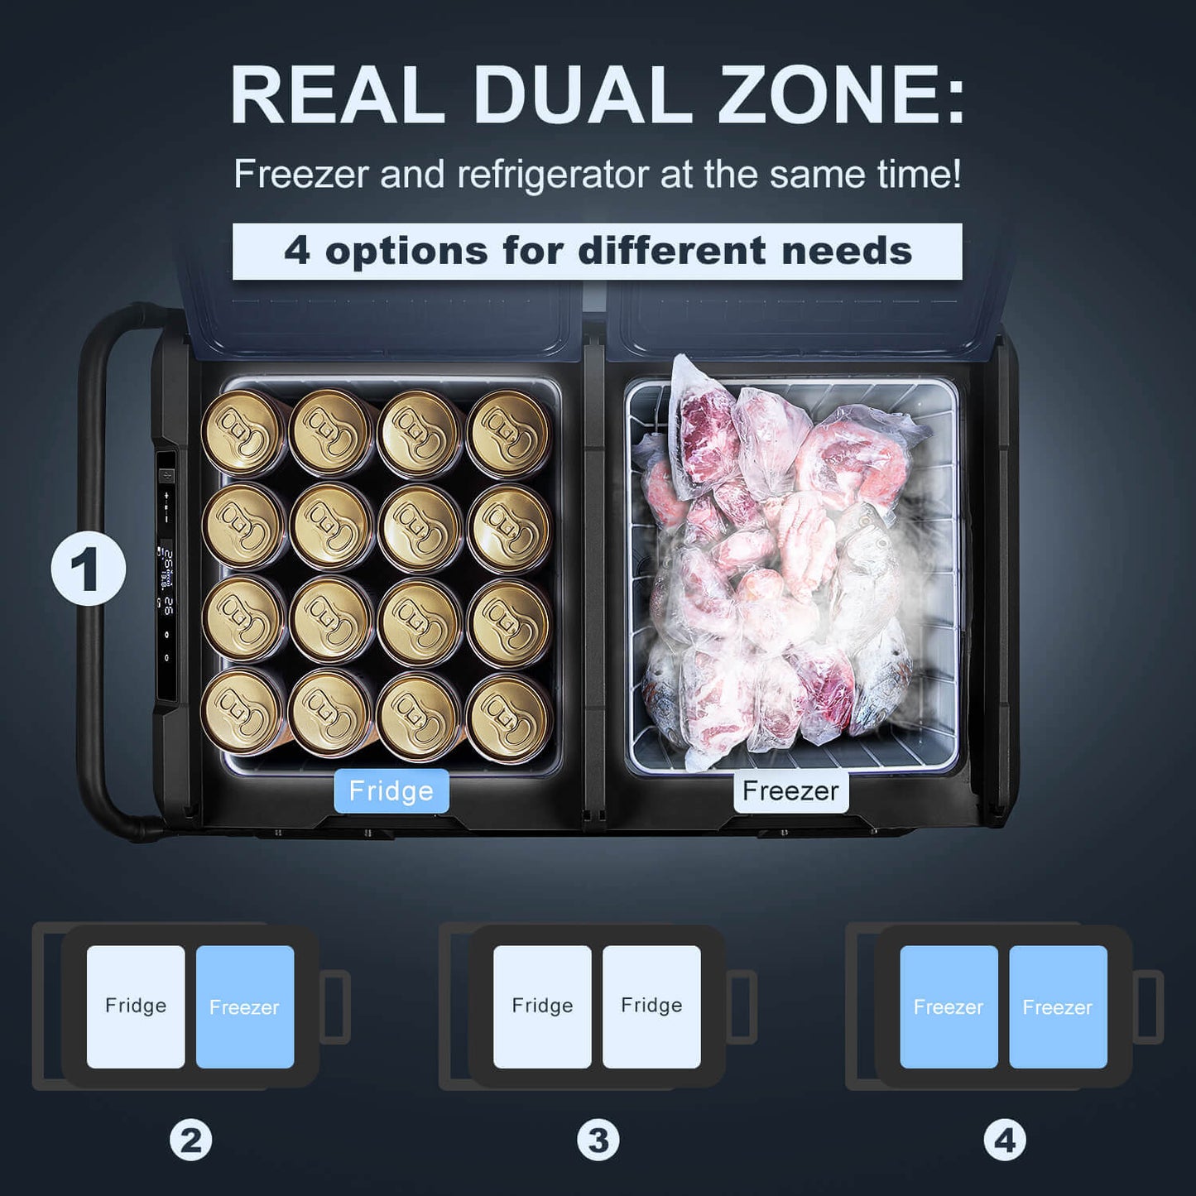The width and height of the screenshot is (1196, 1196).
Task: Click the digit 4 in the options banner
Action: pos(297,252)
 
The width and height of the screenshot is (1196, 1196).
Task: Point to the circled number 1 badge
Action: pos(88,569)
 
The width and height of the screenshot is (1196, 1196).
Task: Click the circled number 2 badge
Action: pos(190,1140)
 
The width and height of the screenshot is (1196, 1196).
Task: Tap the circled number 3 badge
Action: pos(598,1140)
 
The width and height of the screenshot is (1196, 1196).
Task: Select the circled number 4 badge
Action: pos(1005,1140)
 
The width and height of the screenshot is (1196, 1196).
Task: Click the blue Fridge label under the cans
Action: pos(391,790)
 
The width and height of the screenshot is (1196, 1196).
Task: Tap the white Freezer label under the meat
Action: pos(790,790)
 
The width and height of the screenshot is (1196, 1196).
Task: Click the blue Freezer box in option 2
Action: pos(245,1006)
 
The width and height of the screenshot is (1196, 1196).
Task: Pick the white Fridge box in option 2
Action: pos(136,1006)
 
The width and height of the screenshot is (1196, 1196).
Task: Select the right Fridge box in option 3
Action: pos(651,1006)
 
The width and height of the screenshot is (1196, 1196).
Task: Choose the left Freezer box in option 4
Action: pos(949,1006)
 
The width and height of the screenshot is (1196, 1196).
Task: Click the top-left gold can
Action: pos(243,432)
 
